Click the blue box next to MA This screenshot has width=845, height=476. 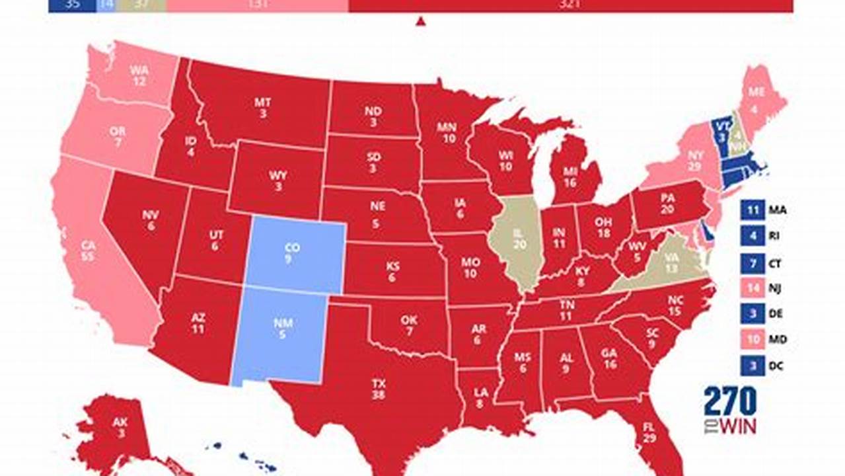[x=753, y=211]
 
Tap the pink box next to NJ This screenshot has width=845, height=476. [x=753, y=289]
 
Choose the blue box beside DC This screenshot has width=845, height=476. [x=753, y=366]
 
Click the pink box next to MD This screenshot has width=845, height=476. [x=753, y=340]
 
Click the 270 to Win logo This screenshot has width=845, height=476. [x=729, y=411]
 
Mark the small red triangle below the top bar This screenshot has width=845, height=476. [x=420, y=22]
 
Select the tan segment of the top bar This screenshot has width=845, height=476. [x=141, y=5]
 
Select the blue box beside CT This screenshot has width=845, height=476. [x=753, y=263]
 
